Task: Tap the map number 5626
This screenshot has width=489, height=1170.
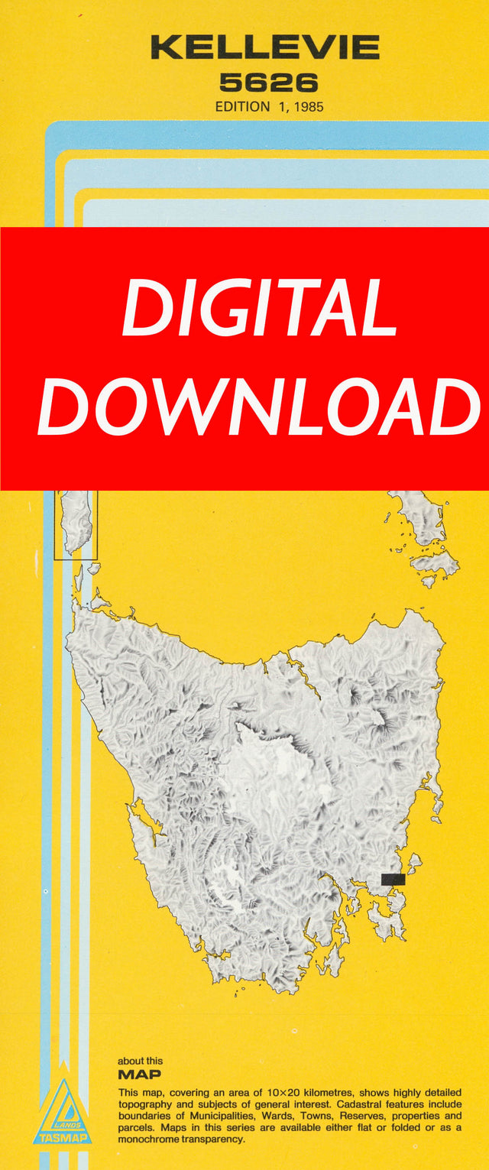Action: coord(269,82)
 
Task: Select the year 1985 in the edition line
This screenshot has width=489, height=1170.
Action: coord(307,107)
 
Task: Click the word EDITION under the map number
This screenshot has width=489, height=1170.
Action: coord(241,107)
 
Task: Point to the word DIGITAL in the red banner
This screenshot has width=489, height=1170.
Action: coord(260,309)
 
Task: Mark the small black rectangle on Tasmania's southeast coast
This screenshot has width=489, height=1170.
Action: coord(393,880)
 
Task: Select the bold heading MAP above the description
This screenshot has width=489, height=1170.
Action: coord(139,1074)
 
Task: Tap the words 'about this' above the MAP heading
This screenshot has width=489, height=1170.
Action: coord(140,1061)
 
